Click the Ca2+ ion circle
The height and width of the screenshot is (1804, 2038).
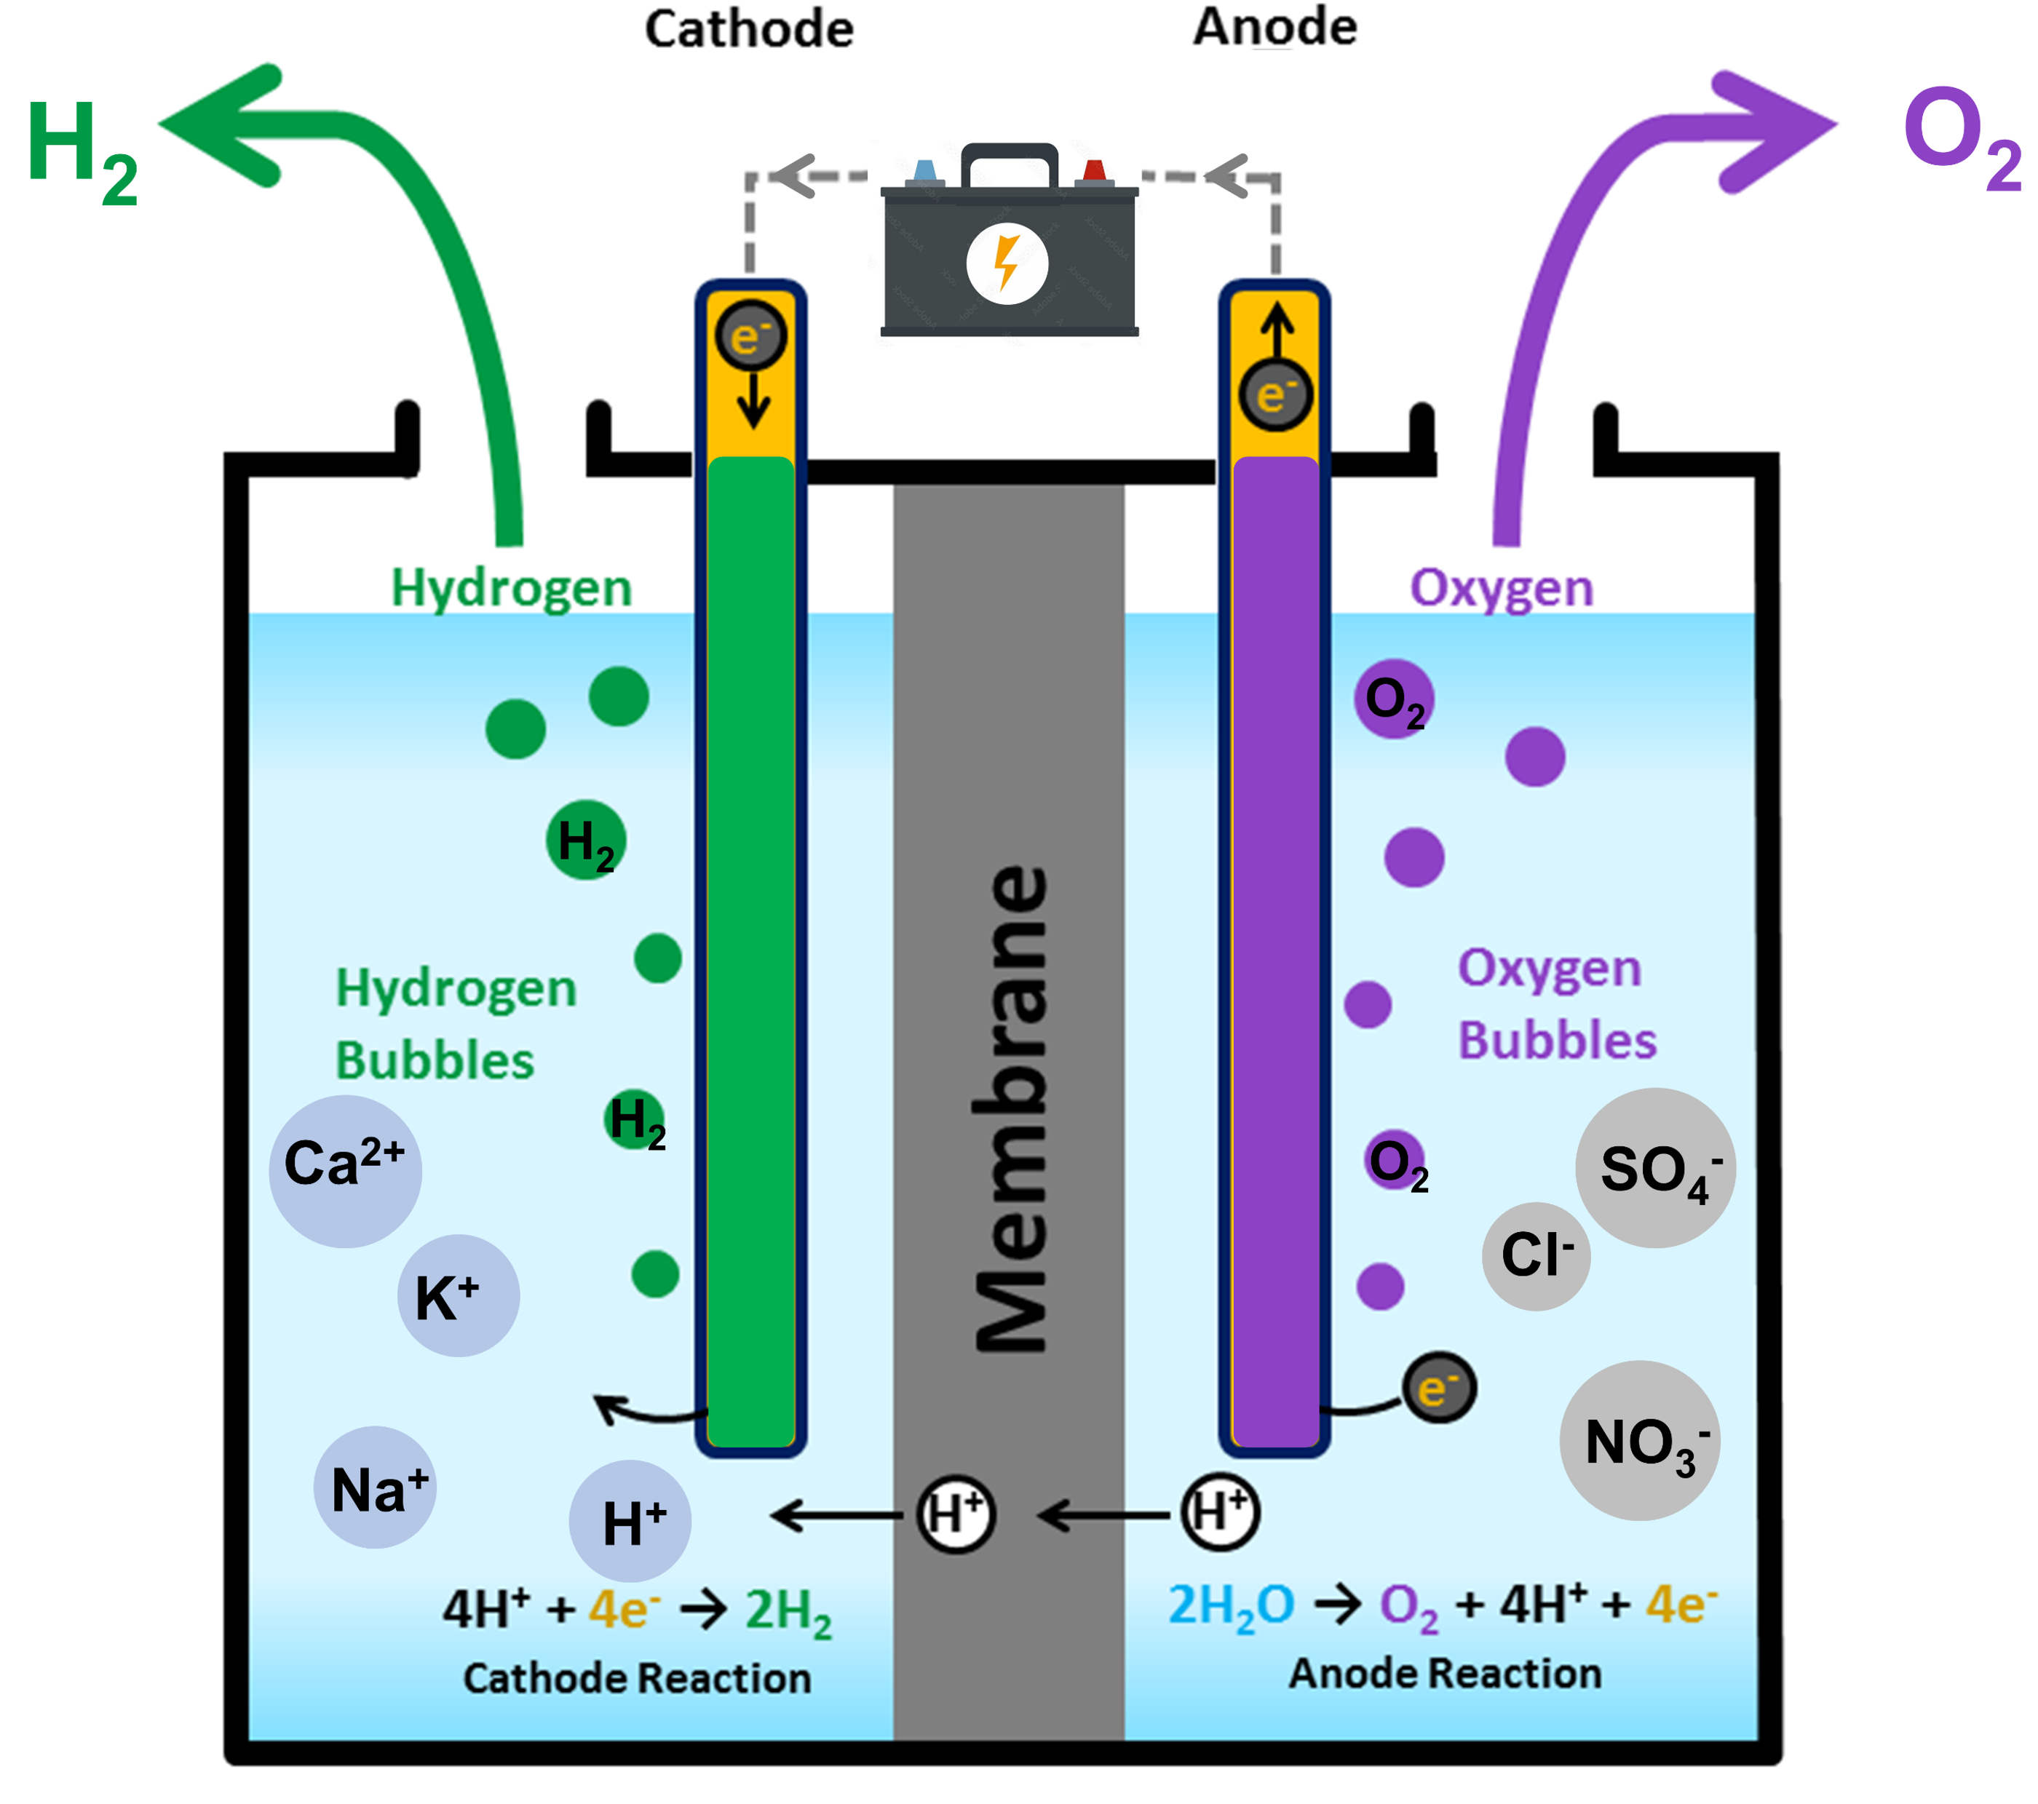(x=345, y=1171)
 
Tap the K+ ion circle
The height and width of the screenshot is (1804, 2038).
(x=459, y=1295)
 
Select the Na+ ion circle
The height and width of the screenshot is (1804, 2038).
(x=375, y=1487)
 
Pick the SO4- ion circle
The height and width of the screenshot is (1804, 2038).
(x=1655, y=1168)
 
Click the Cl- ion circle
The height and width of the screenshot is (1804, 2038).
(x=1536, y=1256)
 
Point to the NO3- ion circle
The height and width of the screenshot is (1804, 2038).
(x=1640, y=1441)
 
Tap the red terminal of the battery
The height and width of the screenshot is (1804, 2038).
(x=1095, y=172)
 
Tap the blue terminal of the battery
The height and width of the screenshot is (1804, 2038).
(x=925, y=172)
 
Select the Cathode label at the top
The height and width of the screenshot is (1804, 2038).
(x=749, y=29)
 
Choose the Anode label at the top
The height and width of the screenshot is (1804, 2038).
(x=1275, y=27)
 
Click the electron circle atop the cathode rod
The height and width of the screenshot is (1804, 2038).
(x=750, y=337)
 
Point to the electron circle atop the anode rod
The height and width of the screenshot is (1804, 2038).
(x=1275, y=394)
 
